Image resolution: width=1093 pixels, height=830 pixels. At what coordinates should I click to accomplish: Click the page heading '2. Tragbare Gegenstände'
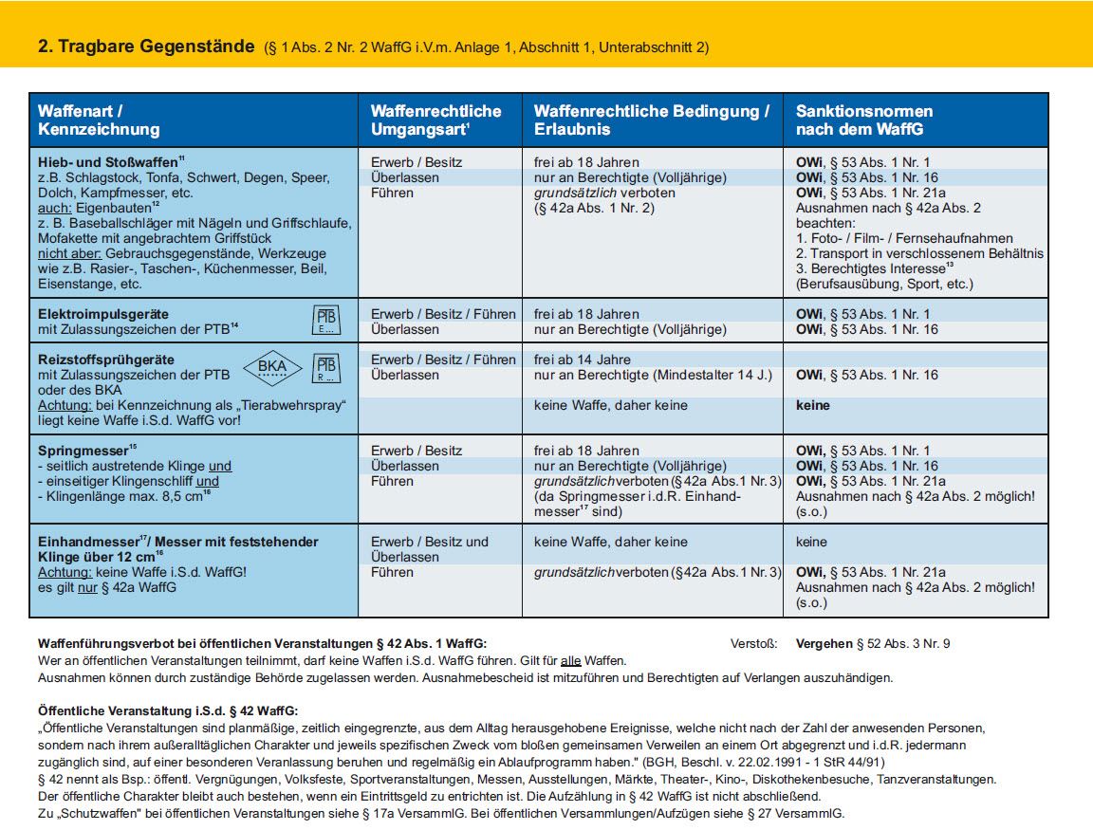(146, 46)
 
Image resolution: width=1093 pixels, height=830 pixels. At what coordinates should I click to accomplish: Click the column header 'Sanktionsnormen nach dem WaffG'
(864, 120)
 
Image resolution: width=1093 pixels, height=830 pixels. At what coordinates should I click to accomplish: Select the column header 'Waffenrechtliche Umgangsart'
(436, 120)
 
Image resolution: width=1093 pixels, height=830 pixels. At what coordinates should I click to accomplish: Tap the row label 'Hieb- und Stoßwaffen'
(108, 162)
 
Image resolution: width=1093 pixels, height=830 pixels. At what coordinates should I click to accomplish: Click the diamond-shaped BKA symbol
(272, 367)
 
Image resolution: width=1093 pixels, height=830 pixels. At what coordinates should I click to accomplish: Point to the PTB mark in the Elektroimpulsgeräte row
(325, 320)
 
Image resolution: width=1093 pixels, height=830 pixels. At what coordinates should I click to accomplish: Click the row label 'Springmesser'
(83, 451)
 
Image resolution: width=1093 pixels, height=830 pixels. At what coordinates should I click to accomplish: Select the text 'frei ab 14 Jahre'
(582, 360)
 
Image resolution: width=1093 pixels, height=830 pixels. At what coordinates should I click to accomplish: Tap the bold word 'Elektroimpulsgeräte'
(103, 314)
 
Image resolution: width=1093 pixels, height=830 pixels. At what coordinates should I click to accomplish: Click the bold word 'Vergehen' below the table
(824, 644)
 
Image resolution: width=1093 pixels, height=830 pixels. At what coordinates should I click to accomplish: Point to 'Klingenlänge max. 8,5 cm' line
(120, 496)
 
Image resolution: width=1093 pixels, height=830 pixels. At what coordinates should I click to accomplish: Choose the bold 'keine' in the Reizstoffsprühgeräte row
(813, 406)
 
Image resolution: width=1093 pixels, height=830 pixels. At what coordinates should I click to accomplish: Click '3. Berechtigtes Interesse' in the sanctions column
(871, 269)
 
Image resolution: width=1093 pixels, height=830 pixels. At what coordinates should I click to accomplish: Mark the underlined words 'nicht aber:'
(69, 253)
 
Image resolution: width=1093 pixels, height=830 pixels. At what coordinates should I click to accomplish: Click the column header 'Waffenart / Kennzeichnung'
(99, 120)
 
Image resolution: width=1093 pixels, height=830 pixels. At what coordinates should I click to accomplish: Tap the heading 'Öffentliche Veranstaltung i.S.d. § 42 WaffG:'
(168, 710)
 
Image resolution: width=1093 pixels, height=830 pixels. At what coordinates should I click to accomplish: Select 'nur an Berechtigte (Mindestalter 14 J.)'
(653, 375)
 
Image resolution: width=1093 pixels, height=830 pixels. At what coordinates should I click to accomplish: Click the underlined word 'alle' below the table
(571, 660)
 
